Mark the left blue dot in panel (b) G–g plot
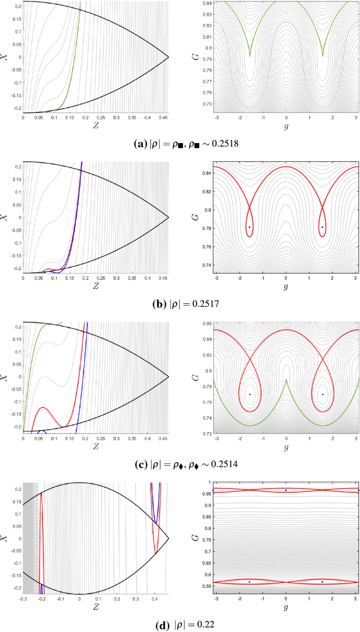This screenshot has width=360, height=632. pyautogui.click(x=250, y=227)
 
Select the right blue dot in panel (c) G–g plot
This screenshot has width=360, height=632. pyautogui.click(x=322, y=394)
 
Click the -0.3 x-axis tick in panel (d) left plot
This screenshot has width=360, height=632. pyautogui.click(x=23, y=598)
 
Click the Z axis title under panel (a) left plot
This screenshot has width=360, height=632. pyautogui.click(x=95, y=126)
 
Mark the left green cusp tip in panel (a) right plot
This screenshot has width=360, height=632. pyautogui.click(x=250, y=56)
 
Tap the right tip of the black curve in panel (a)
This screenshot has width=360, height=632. pyautogui.click(x=169, y=57)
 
